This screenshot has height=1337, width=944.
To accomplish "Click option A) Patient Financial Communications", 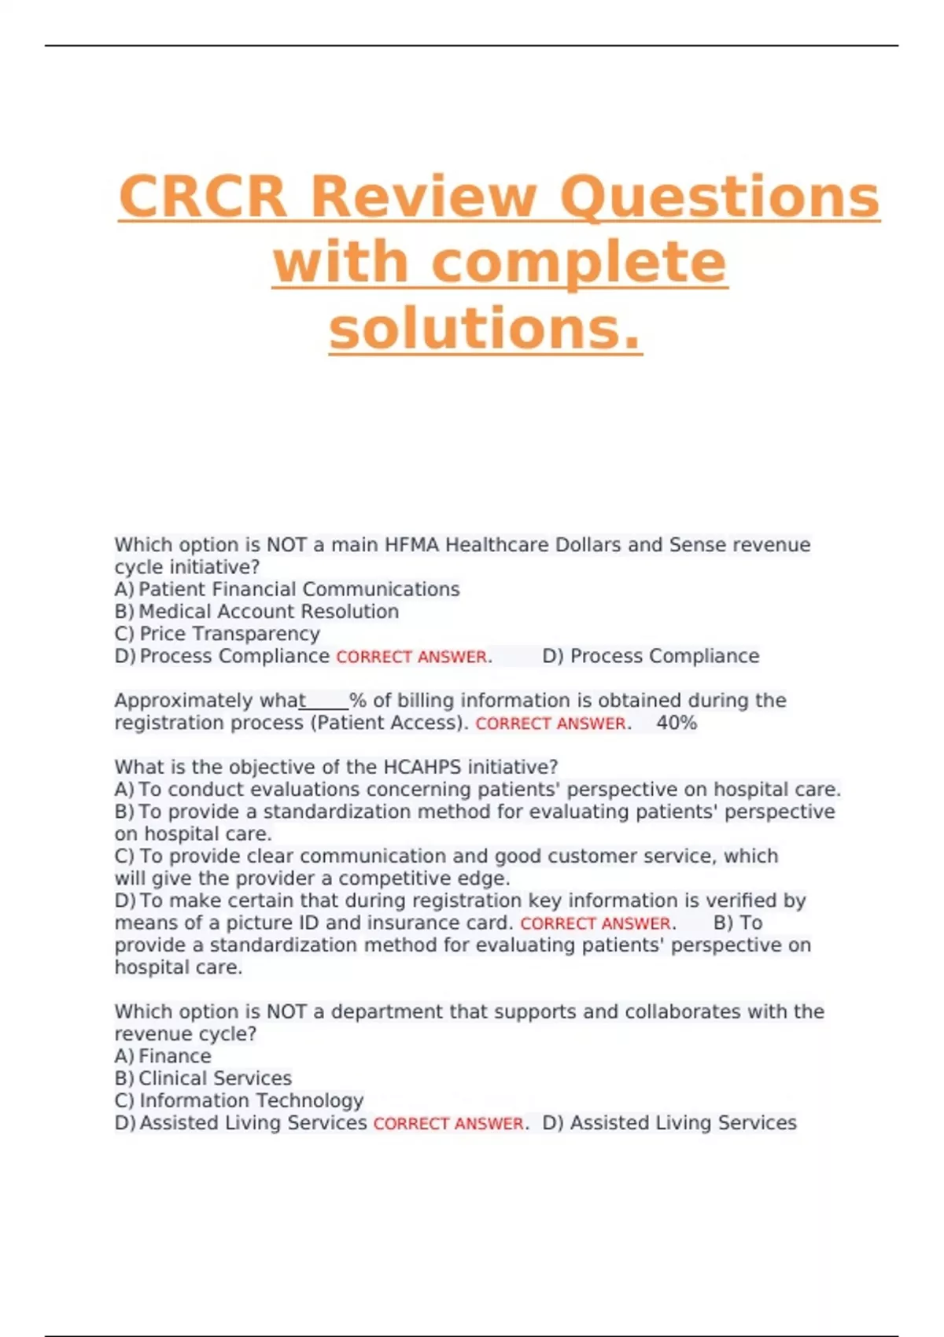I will tap(287, 590).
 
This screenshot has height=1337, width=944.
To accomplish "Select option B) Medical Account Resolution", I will tap(256, 612).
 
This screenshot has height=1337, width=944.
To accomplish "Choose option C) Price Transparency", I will tap(217, 634).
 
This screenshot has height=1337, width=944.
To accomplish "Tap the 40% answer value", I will tap(677, 723).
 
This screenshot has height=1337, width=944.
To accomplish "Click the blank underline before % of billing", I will tap(324, 702).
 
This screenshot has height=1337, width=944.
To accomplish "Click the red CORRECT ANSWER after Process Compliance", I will tap(411, 657).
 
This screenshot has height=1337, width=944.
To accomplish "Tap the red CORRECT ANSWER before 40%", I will tap(551, 724).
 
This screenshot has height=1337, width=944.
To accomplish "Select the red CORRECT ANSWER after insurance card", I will tap(596, 923).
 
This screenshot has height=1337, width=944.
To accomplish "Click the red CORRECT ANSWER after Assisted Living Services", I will tap(448, 1124).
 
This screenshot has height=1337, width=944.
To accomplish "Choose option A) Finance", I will tap(163, 1056).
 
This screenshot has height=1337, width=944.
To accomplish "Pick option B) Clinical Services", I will tap(203, 1078).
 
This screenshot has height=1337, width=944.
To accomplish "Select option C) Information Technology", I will tap(239, 1100).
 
